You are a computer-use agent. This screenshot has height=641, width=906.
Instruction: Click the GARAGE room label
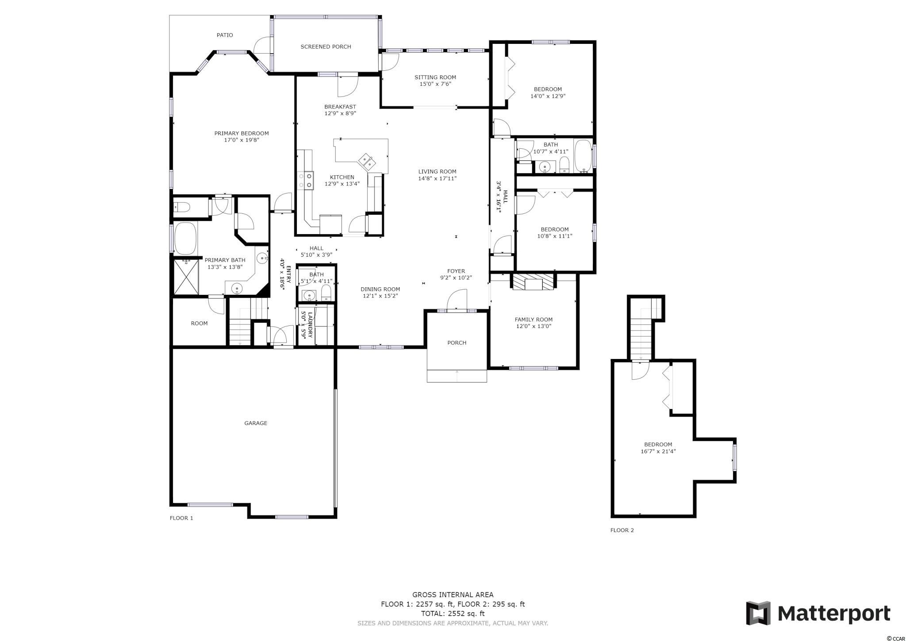[x=256, y=423]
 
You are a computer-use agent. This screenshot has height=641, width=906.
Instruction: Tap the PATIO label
[x=225, y=35]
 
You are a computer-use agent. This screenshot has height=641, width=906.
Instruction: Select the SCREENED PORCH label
[x=326, y=46]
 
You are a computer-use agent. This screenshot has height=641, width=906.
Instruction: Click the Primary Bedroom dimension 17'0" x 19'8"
[x=242, y=140]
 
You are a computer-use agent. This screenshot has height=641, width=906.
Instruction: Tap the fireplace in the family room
[x=533, y=282]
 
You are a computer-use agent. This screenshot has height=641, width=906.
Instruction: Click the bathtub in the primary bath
[x=185, y=239]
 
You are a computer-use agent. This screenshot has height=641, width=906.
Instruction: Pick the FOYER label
[x=456, y=271]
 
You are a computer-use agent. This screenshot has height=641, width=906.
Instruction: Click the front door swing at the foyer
[x=457, y=301]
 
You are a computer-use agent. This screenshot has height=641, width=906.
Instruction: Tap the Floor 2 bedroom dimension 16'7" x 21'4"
[x=658, y=452]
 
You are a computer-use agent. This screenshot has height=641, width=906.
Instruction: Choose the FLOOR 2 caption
[x=622, y=530]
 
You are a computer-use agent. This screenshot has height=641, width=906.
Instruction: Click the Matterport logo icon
[x=759, y=613]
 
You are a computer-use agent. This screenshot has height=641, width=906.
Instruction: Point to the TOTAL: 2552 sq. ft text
[x=453, y=614]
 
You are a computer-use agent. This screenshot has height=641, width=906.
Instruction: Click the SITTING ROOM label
[x=435, y=77]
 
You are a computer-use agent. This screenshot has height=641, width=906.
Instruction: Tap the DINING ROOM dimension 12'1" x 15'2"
[x=381, y=296]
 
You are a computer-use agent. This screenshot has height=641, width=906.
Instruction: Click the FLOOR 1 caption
[x=181, y=518]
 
